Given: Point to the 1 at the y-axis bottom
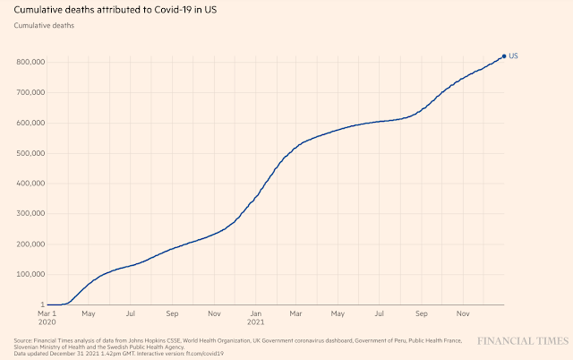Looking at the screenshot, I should [x=41, y=305].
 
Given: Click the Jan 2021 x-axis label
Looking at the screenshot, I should [x=256, y=319].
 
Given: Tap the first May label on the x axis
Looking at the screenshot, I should [x=88, y=314].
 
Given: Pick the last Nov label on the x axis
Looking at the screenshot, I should [x=464, y=314].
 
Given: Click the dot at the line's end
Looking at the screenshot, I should [x=504, y=56].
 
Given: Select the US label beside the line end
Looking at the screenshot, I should [x=514, y=56].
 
